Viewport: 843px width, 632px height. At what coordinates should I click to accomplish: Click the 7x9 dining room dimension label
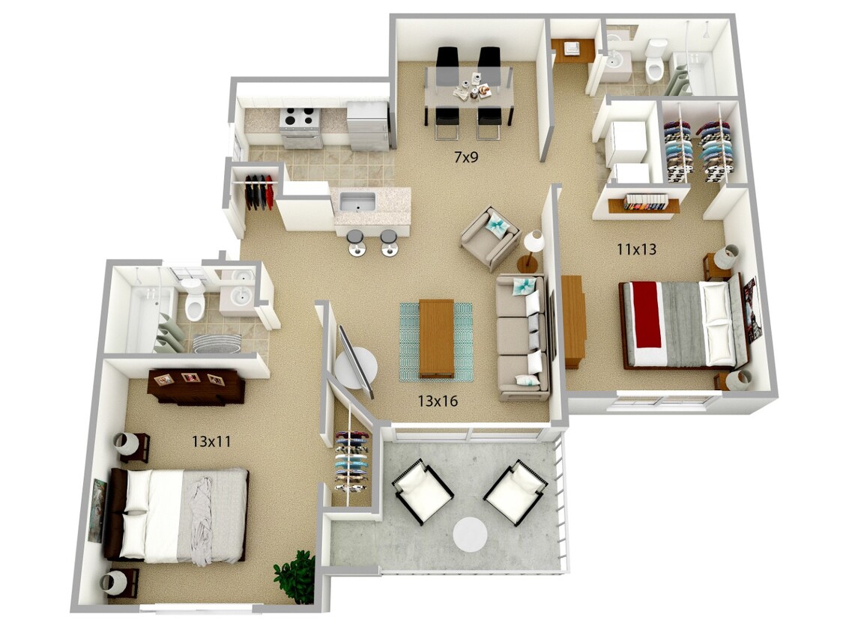pyautogui.click(x=466, y=157)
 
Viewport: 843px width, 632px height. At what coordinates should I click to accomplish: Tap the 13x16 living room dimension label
pyautogui.click(x=438, y=401)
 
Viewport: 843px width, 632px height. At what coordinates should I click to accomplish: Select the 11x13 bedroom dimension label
pyautogui.click(x=636, y=249)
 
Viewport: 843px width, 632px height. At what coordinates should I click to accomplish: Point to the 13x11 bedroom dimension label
pyautogui.click(x=211, y=442)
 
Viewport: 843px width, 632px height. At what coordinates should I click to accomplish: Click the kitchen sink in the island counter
pyautogui.click(x=357, y=202)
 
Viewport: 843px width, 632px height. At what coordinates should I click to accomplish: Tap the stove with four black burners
pyautogui.click(x=300, y=127)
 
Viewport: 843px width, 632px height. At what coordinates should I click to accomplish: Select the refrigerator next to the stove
pyautogui.click(x=367, y=125)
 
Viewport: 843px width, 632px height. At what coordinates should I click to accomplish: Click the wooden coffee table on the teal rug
pyautogui.click(x=437, y=338)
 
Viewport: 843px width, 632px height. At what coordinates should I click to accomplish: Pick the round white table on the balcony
pyautogui.click(x=470, y=534)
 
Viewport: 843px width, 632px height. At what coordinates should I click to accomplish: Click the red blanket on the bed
pyautogui.click(x=648, y=316)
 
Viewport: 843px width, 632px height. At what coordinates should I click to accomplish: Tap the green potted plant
pyautogui.click(x=295, y=576)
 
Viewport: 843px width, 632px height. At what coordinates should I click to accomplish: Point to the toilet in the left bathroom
pyautogui.click(x=194, y=300)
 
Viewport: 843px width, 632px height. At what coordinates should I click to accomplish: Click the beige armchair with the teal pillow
pyautogui.click(x=490, y=237)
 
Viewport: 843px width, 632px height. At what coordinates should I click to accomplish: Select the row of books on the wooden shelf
pyautogui.click(x=646, y=203)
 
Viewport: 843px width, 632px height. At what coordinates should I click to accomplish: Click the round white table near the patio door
pyautogui.click(x=356, y=368)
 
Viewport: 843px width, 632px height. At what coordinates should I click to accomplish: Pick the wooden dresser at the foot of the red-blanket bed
pyautogui.click(x=574, y=320)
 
